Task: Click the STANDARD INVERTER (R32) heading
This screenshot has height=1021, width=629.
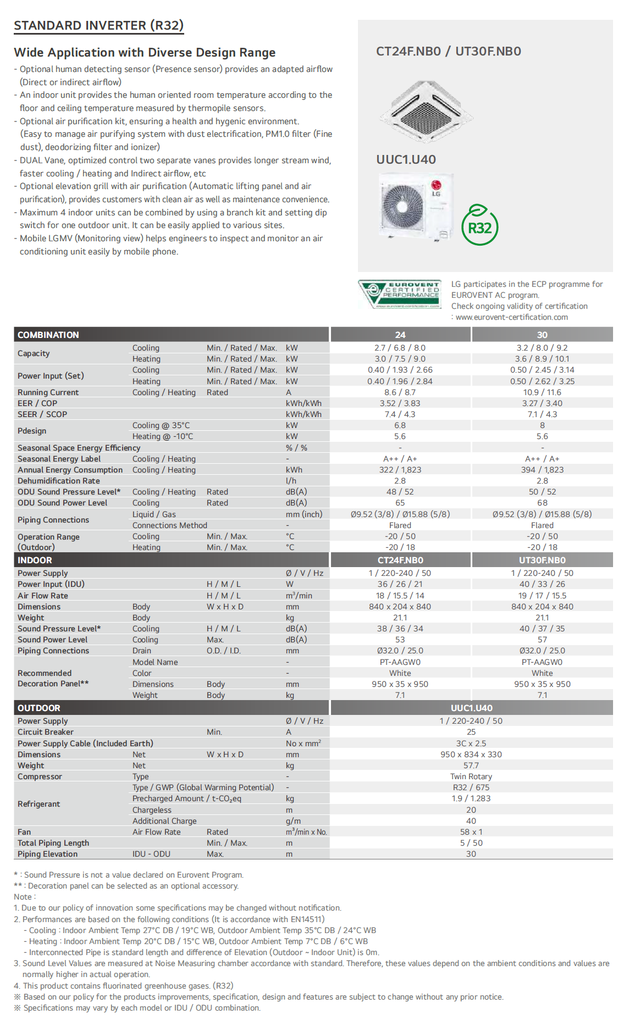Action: point(98,26)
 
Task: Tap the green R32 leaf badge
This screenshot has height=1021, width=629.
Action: point(479,225)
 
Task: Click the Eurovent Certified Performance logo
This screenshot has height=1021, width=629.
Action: point(400,295)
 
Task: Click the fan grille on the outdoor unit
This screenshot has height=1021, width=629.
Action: point(404,206)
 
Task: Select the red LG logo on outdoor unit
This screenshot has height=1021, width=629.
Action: point(436,185)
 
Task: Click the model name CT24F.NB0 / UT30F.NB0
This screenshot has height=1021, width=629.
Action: point(448,52)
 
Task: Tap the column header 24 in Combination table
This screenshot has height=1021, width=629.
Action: point(400,335)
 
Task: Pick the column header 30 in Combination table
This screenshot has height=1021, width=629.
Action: point(542,335)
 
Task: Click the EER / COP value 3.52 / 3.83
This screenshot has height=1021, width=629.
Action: point(400,403)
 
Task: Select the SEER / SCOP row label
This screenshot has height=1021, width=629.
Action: point(42,414)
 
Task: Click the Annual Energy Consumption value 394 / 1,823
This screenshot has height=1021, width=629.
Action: point(542,470)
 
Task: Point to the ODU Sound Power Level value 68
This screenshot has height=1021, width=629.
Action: point(542,503)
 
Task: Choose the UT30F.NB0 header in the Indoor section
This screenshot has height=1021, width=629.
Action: point(542,560)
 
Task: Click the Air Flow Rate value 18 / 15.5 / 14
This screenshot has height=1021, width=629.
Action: point(400,596)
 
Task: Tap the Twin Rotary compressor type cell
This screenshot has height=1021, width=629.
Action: point(471,776)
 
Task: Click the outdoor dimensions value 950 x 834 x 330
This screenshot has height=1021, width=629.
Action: point(471,754)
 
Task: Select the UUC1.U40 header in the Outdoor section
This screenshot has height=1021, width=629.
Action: point(471,708)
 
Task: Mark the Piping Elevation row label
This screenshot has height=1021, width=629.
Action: point(47,854)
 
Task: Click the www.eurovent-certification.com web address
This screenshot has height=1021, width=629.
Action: point(511,317)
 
